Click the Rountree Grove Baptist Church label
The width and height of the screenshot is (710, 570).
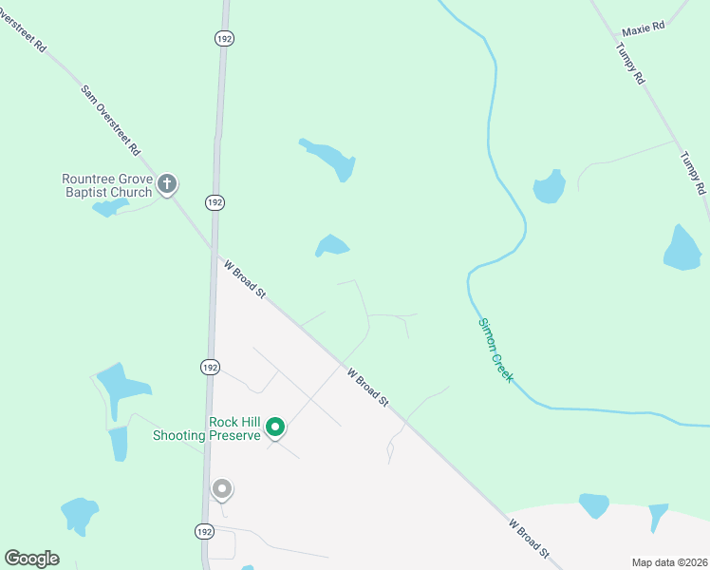pos(106,185)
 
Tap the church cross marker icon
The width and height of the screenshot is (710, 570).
pos(167,183)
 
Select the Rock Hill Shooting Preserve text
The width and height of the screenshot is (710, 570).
pos(207,429)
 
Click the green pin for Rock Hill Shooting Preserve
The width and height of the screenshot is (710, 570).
pos(275,427)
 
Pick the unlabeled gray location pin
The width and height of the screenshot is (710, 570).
pos(222,489)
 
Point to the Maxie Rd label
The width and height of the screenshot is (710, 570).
pos(644,29)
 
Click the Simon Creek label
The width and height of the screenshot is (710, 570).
pos(495,350)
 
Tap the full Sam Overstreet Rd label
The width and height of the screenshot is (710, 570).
pos(111,121)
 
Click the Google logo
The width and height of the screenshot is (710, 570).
pos(31,559)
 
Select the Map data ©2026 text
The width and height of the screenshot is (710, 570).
pos(669,562)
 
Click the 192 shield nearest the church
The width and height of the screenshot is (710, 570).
pos(215,202)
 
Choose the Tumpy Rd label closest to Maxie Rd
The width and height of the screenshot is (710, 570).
pos(630,65)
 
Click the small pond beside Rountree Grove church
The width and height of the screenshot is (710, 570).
pos(109,207)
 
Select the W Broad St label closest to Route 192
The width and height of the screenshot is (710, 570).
pos(245,281)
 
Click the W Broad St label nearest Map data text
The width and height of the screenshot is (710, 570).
pos(529,537)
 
